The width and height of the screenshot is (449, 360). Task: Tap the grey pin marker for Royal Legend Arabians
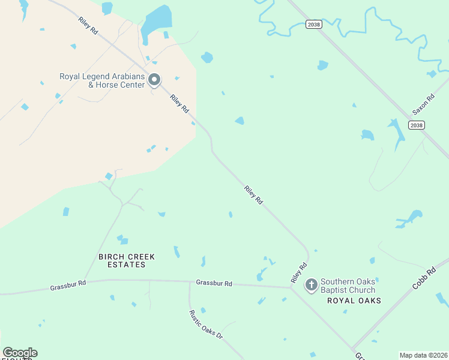click(x=154, y=80)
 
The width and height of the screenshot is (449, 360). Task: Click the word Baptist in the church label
click(x=333, y=290)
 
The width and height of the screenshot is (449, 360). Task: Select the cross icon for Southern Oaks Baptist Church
click(x=311, y=284)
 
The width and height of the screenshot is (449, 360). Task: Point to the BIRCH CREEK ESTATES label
click(x=126, y=260)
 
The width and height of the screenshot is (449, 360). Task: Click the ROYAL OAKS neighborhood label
click(x=354, y=301)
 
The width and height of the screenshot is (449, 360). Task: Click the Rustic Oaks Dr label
click(x=206, y=325)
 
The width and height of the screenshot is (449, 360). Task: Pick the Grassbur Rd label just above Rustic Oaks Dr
click(x=214, y=283)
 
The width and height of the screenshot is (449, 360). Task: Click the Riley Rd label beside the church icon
click(x=299, y=273)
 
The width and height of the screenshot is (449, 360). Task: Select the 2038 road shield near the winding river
click(x=313, y=24)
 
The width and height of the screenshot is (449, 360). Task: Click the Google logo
click(x=20, y=353)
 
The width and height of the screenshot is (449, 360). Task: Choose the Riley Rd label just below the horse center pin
click(x=179, y=104)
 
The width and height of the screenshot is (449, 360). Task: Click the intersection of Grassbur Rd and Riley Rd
click(x=291, y=287)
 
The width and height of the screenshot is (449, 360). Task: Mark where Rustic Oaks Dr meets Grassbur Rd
click(x=189, y=281)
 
